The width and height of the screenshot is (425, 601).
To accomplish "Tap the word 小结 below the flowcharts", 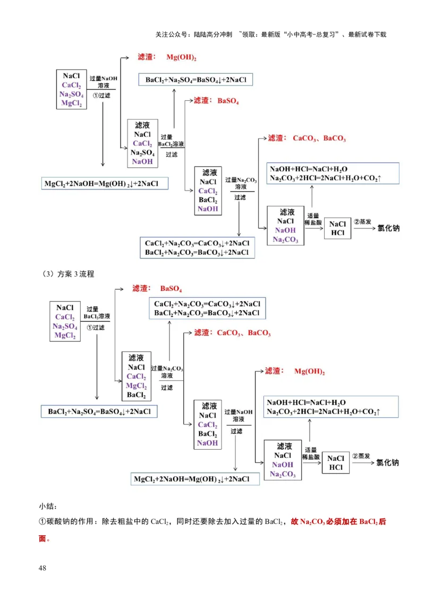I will (47, 506).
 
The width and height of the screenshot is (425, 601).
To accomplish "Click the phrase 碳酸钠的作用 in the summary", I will (69, 522).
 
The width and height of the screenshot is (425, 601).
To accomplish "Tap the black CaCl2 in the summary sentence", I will (161, 522).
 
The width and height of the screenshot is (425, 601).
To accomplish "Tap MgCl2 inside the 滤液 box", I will (136, 386).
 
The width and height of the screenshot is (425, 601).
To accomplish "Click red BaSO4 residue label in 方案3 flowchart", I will (171, 289).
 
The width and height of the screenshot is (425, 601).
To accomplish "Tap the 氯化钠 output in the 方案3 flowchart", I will (387, 462).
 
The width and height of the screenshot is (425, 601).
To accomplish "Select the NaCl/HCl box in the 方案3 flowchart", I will (336, 463).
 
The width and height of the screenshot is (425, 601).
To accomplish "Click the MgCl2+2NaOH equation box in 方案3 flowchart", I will (195, 479).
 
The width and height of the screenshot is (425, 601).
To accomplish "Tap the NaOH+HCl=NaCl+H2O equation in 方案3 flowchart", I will (307, 402).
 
